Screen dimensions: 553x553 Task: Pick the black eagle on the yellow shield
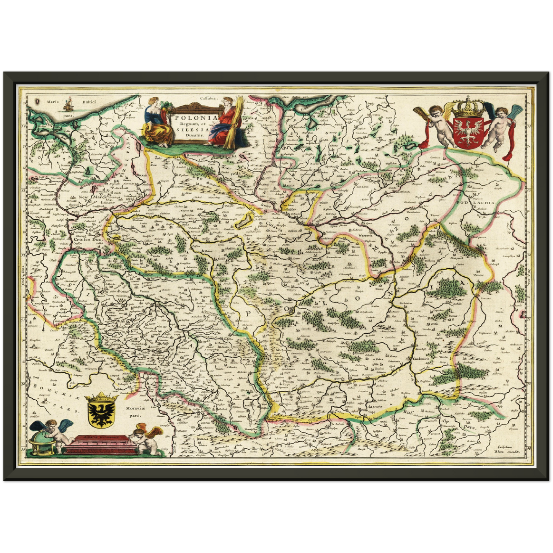[x=101, y=413]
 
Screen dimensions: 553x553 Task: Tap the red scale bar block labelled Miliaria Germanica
[x=101, y=444]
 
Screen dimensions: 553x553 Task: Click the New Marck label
[x=92, y=197]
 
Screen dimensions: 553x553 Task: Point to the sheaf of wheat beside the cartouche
[x=232, y=122]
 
